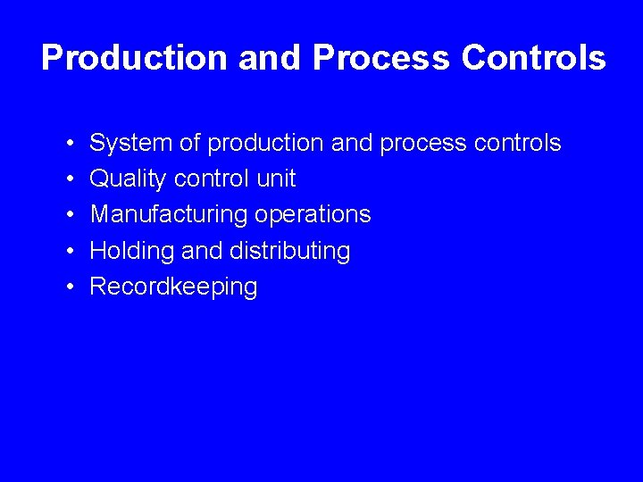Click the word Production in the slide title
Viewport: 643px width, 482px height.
135,58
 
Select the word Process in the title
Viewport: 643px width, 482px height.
381,58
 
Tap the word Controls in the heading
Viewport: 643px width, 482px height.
533,58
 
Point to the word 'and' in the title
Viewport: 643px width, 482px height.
271,58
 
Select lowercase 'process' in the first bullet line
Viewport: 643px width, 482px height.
428,144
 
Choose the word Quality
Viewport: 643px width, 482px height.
129,179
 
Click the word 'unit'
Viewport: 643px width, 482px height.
276,179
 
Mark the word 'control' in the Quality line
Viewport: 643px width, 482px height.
212,179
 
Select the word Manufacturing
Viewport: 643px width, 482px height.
169,215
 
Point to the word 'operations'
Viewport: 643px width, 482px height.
313,215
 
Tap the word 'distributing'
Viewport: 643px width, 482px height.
289,251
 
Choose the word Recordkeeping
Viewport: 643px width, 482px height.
174,287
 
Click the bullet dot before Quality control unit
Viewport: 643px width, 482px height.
69,179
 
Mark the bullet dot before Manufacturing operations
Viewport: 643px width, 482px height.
69,215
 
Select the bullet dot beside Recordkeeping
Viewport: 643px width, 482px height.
69,287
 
